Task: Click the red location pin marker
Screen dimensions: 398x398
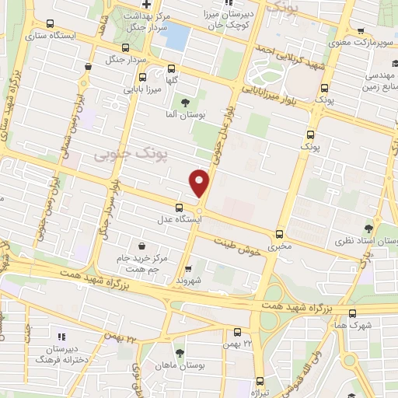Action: [x=200, y=183]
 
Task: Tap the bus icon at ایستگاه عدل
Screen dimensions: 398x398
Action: [x=180, y=207]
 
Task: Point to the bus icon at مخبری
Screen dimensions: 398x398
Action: [x=280, y=234]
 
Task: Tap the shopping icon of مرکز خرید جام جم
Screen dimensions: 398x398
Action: [x=141, y=246]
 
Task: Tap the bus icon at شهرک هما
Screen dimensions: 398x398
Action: [x=353, y=313]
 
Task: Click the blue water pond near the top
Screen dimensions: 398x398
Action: [x=178, y=36]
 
